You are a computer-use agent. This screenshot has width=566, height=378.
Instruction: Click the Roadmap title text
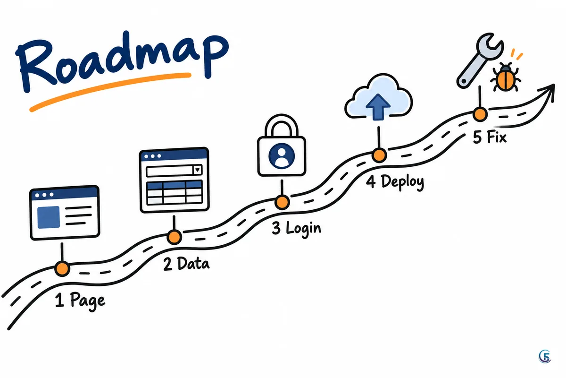123,61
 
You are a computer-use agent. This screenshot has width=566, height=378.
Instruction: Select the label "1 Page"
80,301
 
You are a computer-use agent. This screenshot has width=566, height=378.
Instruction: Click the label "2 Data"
186,264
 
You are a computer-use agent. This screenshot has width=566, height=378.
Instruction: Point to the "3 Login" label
296,229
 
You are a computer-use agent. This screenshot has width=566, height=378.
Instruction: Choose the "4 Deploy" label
395,182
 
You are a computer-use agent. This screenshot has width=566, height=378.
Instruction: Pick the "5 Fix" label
490,137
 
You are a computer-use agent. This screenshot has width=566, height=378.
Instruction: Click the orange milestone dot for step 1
62,268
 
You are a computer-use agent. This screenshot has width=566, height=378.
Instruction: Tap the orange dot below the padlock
282,202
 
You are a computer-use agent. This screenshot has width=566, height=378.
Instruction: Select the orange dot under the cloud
379,155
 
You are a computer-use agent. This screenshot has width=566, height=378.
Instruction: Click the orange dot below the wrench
480,114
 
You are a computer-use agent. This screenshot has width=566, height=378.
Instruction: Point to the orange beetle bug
505,78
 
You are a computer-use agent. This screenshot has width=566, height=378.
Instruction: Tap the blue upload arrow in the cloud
378,107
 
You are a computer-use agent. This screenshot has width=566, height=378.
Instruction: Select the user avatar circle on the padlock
282,156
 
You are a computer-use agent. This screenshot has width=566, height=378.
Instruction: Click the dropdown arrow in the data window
197,170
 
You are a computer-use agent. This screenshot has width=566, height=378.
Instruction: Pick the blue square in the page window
49,217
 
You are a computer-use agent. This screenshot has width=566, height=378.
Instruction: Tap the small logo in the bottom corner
545,356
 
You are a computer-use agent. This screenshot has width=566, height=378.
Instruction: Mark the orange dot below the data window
174,237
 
